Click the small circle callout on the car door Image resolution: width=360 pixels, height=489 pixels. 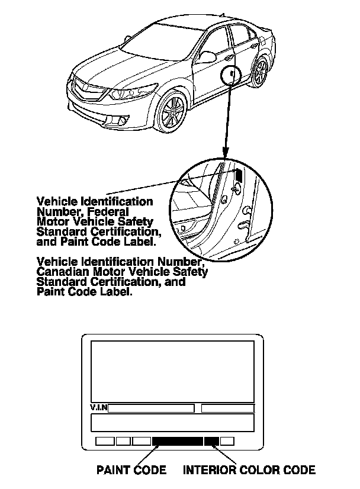[231, 76]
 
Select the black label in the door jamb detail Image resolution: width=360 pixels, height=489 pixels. [239, 175]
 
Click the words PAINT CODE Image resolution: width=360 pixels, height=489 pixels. [131, 471]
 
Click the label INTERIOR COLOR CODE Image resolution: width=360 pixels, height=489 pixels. [249, 471]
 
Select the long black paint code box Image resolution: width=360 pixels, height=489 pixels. [177, 441]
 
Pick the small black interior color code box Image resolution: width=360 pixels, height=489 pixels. [211, 441]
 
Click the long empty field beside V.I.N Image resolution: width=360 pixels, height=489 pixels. [151, 408]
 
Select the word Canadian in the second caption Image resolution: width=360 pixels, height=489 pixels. [65, 272]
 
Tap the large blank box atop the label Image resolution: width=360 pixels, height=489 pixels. [172, 371]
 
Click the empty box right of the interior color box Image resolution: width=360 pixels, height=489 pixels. [227, 441]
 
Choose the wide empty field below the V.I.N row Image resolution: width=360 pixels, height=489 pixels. [172, 423]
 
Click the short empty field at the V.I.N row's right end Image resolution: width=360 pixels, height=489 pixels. [227, 408]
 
